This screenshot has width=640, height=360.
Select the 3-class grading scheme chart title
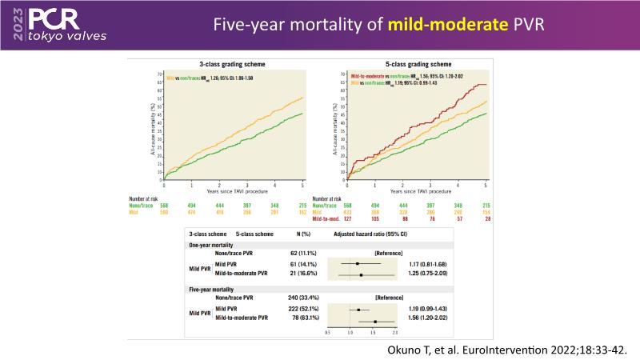(x=232, y=62)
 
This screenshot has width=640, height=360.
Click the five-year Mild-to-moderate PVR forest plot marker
(x=375, y=322)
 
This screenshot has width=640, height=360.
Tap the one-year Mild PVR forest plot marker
(x=358, y=262)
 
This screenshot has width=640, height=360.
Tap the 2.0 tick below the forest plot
(x=395, y=332)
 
